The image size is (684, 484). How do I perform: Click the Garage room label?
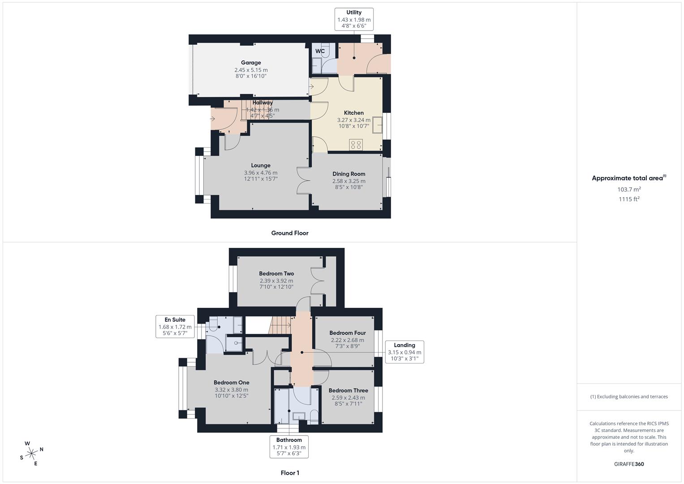(251, 63)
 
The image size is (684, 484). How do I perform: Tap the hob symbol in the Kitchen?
(356, 145)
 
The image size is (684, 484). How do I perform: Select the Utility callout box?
(354, 19)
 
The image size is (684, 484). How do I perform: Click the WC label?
(320, 51)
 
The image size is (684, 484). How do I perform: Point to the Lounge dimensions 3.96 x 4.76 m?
(261, 173)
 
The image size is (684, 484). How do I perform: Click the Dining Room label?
(348, 174)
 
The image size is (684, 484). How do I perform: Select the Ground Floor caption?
(290, 233)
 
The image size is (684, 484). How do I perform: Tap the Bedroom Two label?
(276, 273)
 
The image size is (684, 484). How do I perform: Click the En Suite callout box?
(175, 326)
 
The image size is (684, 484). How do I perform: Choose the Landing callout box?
(404, 352)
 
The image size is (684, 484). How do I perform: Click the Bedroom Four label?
(348, 333)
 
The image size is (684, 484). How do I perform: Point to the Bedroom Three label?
(348, 390)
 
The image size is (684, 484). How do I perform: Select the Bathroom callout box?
(289, 446)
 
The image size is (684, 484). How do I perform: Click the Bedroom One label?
(231, 383)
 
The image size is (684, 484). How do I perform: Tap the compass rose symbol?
(31, 454)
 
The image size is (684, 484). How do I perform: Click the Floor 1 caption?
(290, 473)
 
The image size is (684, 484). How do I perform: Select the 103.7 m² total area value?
(629, 190)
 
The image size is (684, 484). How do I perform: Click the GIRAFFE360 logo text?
(629, 464)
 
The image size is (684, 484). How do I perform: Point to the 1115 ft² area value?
(629, 199)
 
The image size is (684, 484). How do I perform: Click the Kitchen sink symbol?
(379, 124)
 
